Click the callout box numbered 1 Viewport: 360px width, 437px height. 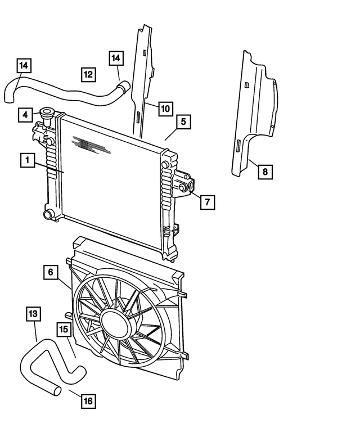tap(26, 160)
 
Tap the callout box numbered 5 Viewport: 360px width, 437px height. tap(183, 121)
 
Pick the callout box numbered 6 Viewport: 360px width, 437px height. tap(51, 272)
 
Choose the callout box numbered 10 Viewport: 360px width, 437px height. tap(164, 109)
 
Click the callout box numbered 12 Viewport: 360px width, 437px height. tap(88, 74)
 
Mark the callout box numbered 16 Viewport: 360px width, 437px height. tap(88, 401)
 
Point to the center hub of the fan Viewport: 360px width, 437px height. tap(116, 324)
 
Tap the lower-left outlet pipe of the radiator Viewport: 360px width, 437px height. tap(49, 214)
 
